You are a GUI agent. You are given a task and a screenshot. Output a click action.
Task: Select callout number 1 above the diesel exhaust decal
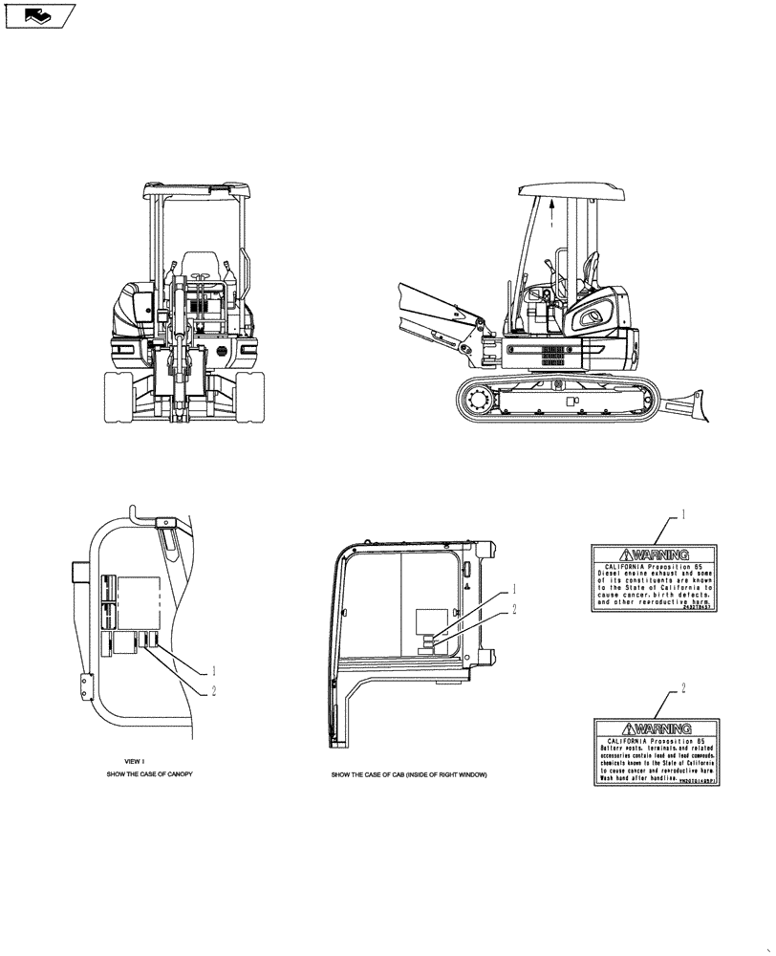pos(684,514)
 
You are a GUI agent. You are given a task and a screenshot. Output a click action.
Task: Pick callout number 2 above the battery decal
pos(684,687)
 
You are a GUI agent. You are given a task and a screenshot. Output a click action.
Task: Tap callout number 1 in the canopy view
pos(214,670)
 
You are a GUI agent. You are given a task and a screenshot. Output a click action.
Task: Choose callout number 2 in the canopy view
pos(214,691)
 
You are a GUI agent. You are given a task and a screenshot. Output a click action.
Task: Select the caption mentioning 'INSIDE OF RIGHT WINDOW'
pos(408,774)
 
